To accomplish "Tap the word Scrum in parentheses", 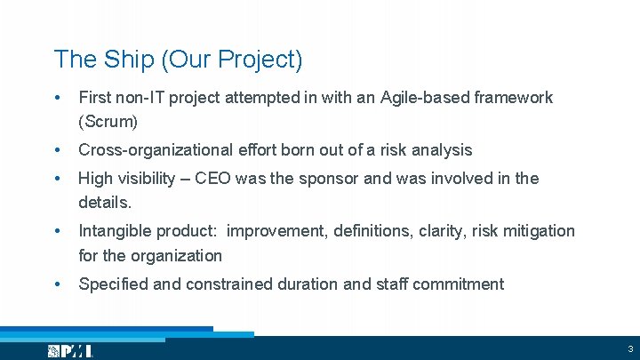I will click(108, 121).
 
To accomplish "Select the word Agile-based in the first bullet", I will click(423, 98).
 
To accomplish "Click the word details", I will click(105, 203).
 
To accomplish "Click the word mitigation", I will click(536, 231).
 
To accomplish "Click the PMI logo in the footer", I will click(70, 351).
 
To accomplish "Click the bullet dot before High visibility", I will click(58, 179).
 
